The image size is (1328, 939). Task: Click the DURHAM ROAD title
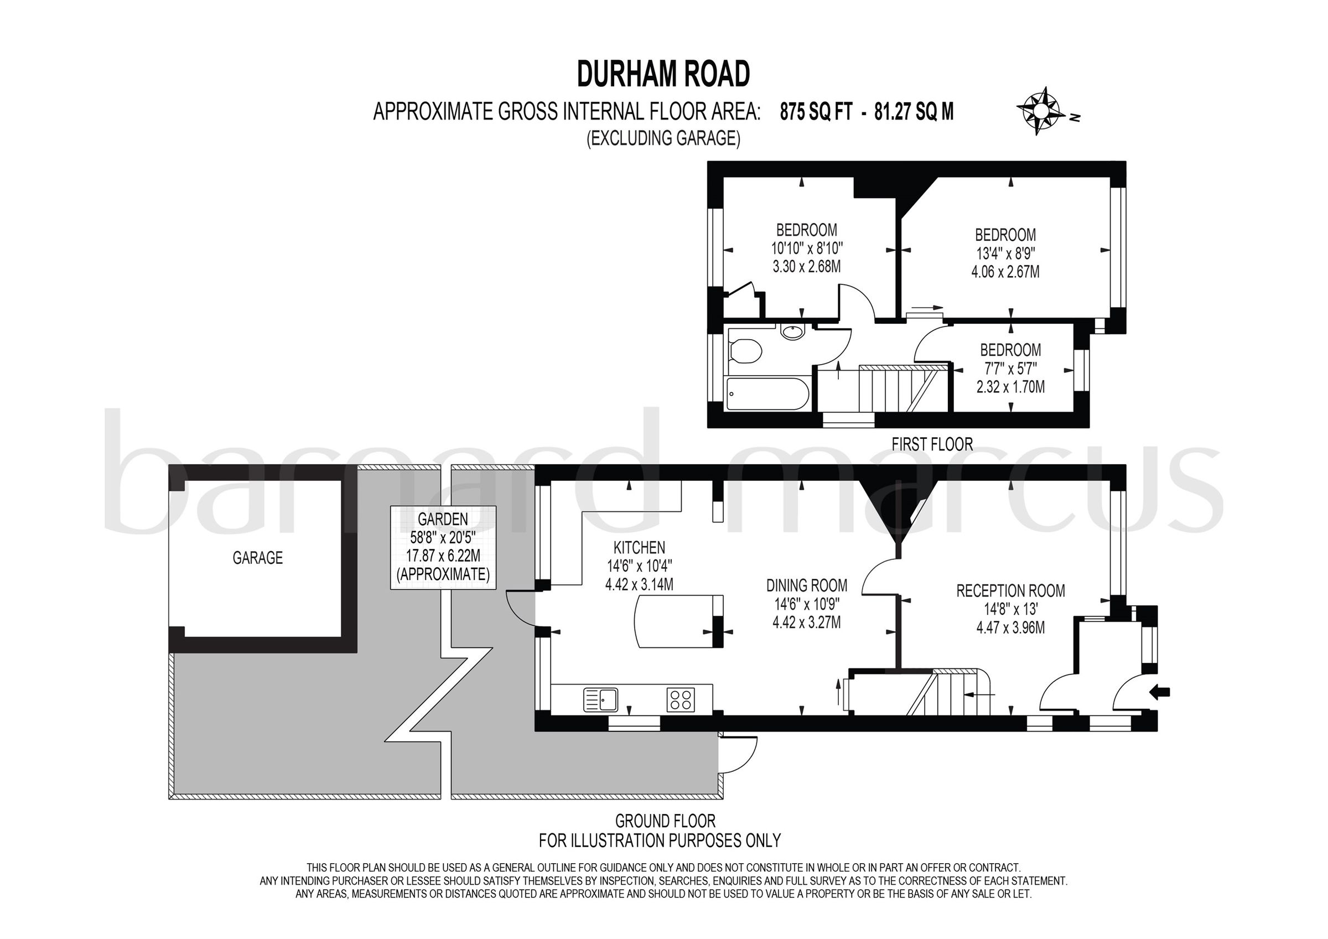click(663, 74)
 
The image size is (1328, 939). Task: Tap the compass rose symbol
click(1040, 111)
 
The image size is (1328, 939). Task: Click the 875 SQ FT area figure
click(816, 111)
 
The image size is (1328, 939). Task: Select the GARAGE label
click(257, 558)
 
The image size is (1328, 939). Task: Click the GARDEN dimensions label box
click(443, 547)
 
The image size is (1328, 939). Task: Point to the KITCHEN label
click(639, 547)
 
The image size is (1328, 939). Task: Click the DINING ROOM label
click(806, 585)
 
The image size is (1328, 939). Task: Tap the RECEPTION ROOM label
click(1010, 591)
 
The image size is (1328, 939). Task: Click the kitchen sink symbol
click(600, 699)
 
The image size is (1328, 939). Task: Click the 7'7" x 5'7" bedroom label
click(1010, 368)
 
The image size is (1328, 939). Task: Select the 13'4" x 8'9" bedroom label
click(1005, 253)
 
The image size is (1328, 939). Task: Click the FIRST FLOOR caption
click(932, 444)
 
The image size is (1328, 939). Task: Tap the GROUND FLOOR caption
click(665, 821)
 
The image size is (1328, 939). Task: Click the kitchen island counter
click(677, 621)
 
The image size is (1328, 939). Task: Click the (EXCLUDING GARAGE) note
click(663, 138)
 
